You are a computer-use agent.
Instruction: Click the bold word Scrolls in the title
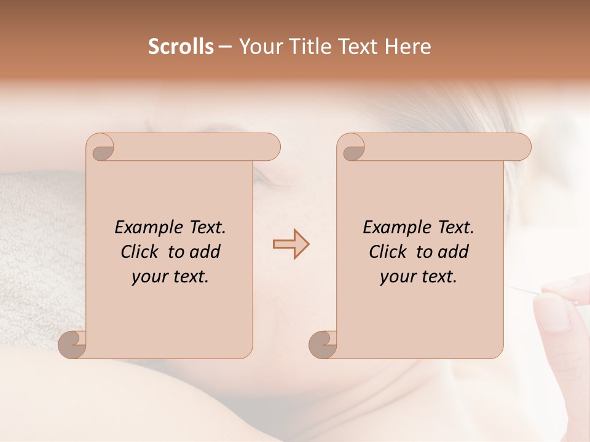(x=181, y=47)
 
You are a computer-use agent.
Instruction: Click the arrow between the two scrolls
(x=291, y=244)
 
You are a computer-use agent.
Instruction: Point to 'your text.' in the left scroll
(x=170, y=276)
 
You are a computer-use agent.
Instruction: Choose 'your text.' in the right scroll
(x=419, y=276)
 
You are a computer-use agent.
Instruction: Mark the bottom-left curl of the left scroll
(x=72, y=344)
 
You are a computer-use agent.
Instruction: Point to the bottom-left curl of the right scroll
(x=323, y=344)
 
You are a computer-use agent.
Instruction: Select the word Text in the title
(x=359, y=47)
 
